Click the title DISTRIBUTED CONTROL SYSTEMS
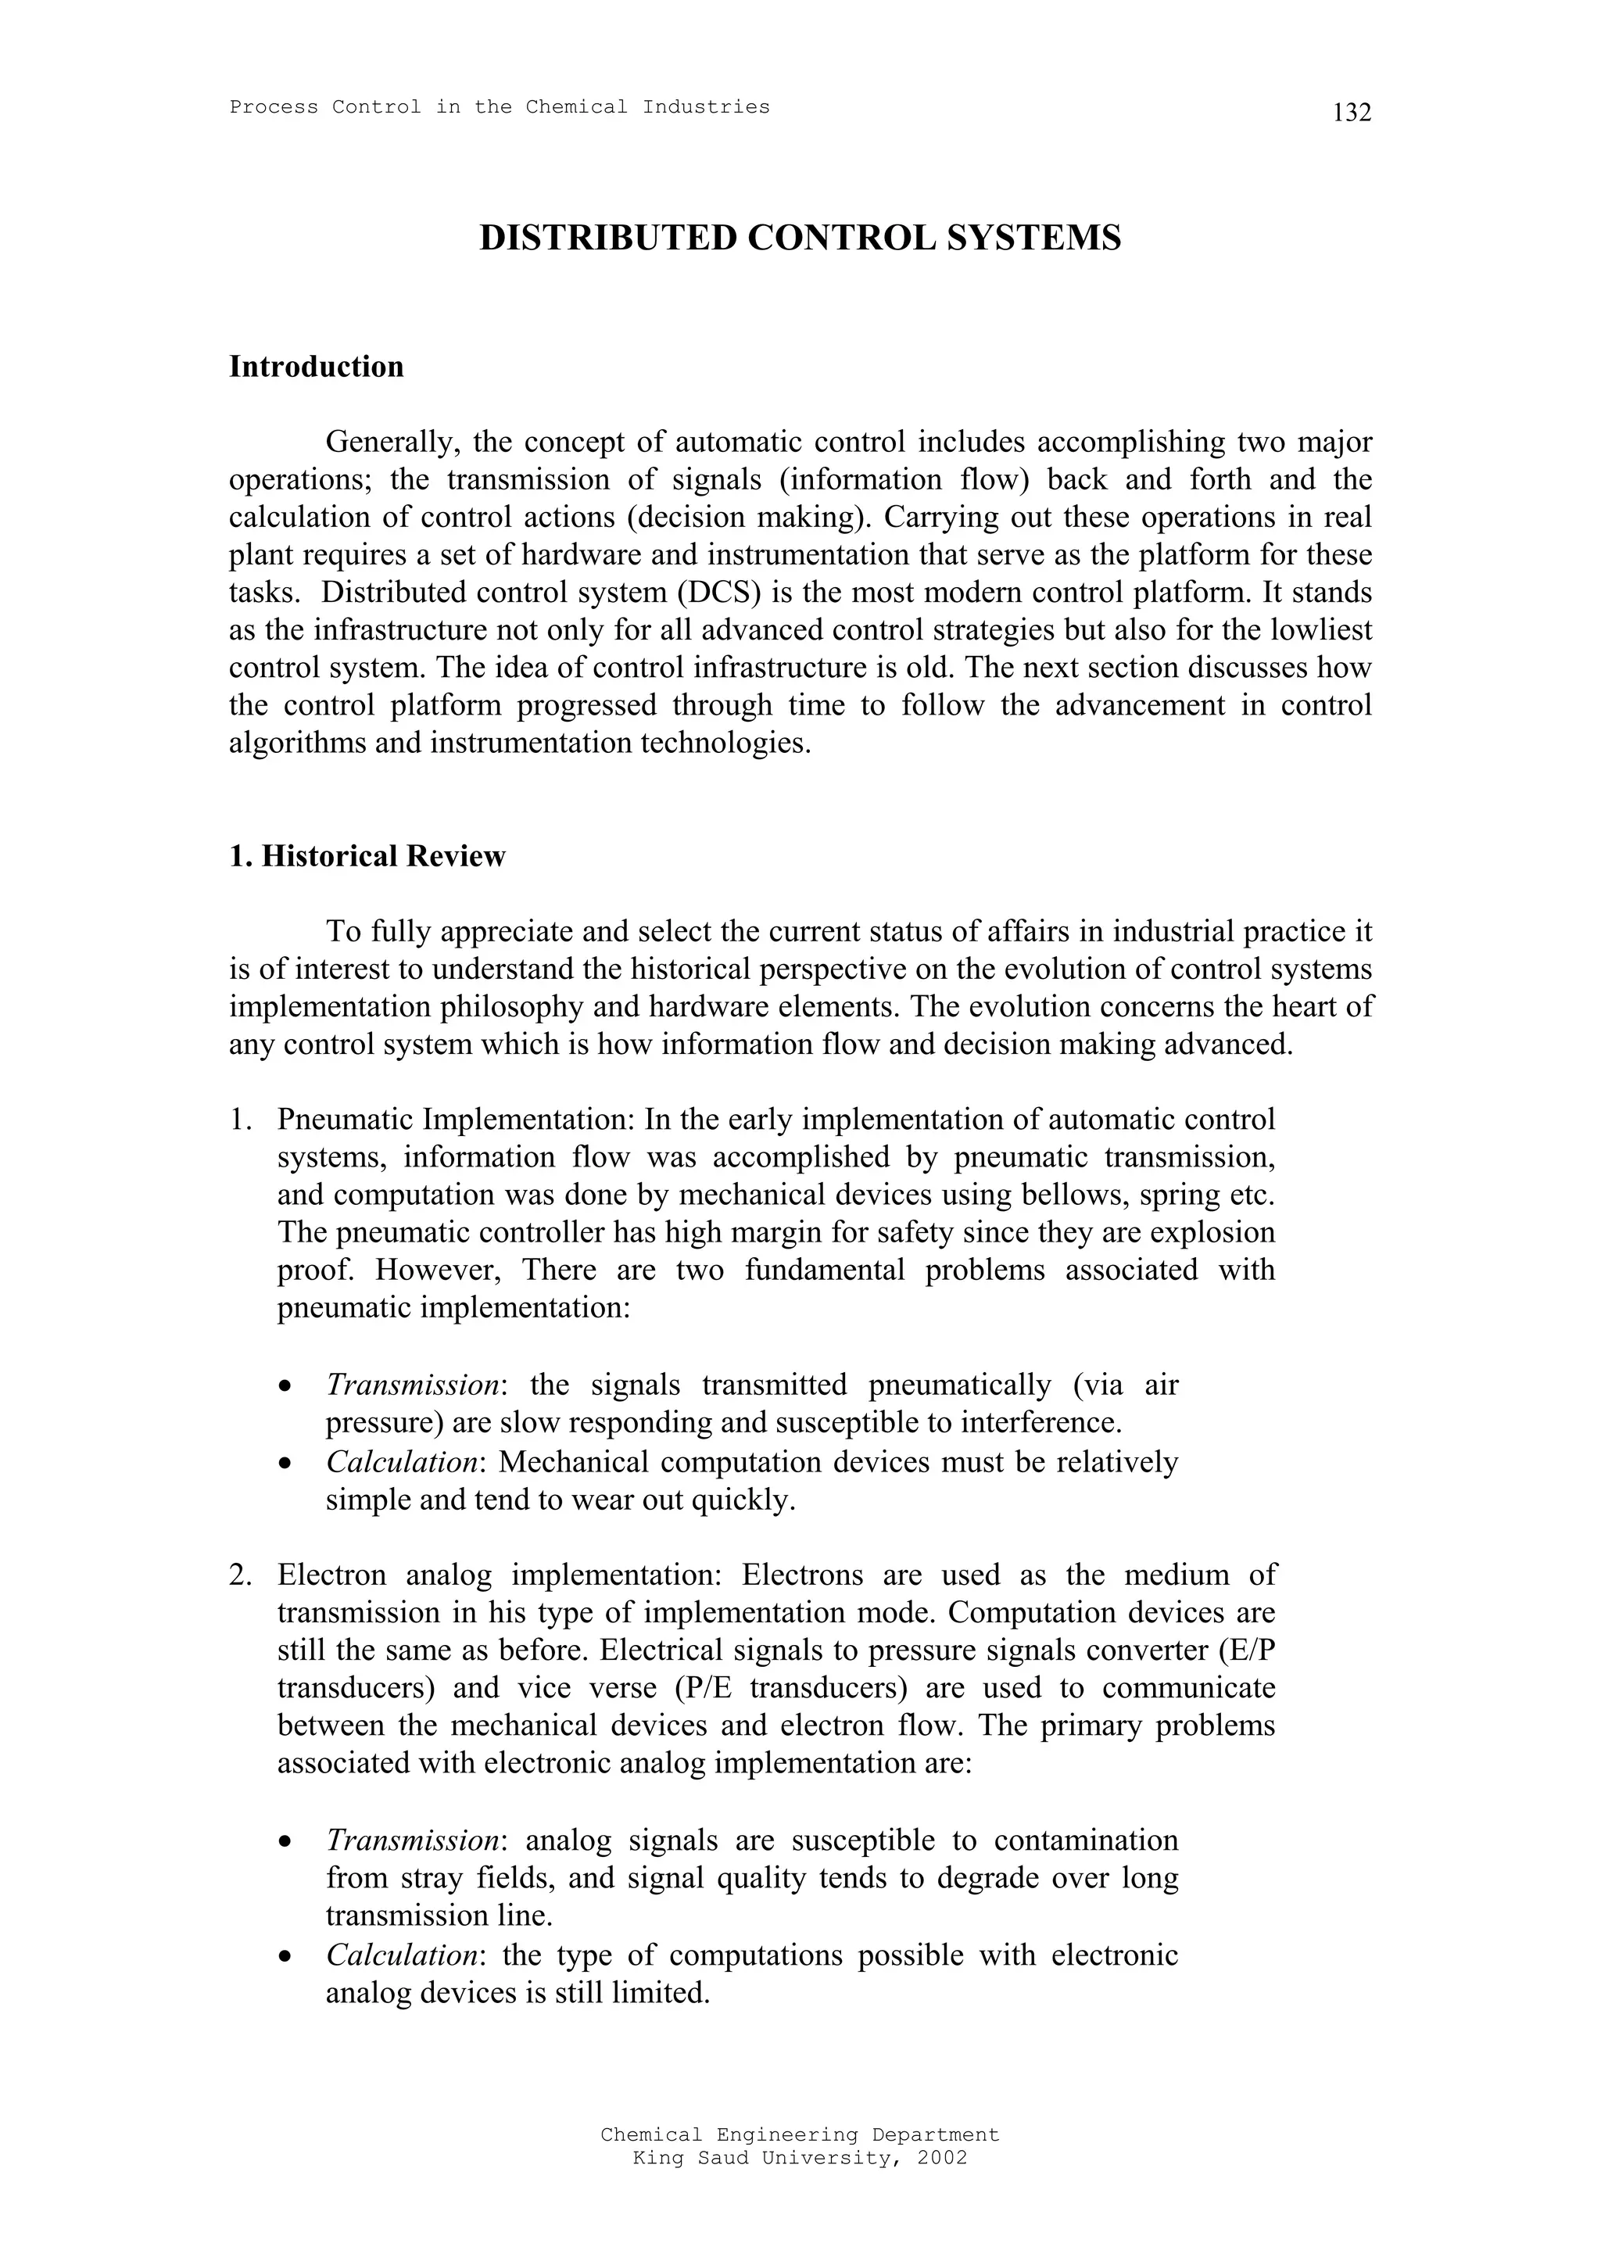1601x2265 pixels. pos(799,238)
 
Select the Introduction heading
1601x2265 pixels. pos(316,367)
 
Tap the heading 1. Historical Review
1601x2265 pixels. pos(366,855)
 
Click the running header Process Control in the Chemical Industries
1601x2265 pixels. pos(500,106)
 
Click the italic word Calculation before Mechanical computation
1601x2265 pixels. pos(403,1461)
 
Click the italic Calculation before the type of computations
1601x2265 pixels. pos(403,1955)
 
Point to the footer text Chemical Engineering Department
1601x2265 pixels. pos(799,2134)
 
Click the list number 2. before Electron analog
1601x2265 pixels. pos(242,1575)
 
